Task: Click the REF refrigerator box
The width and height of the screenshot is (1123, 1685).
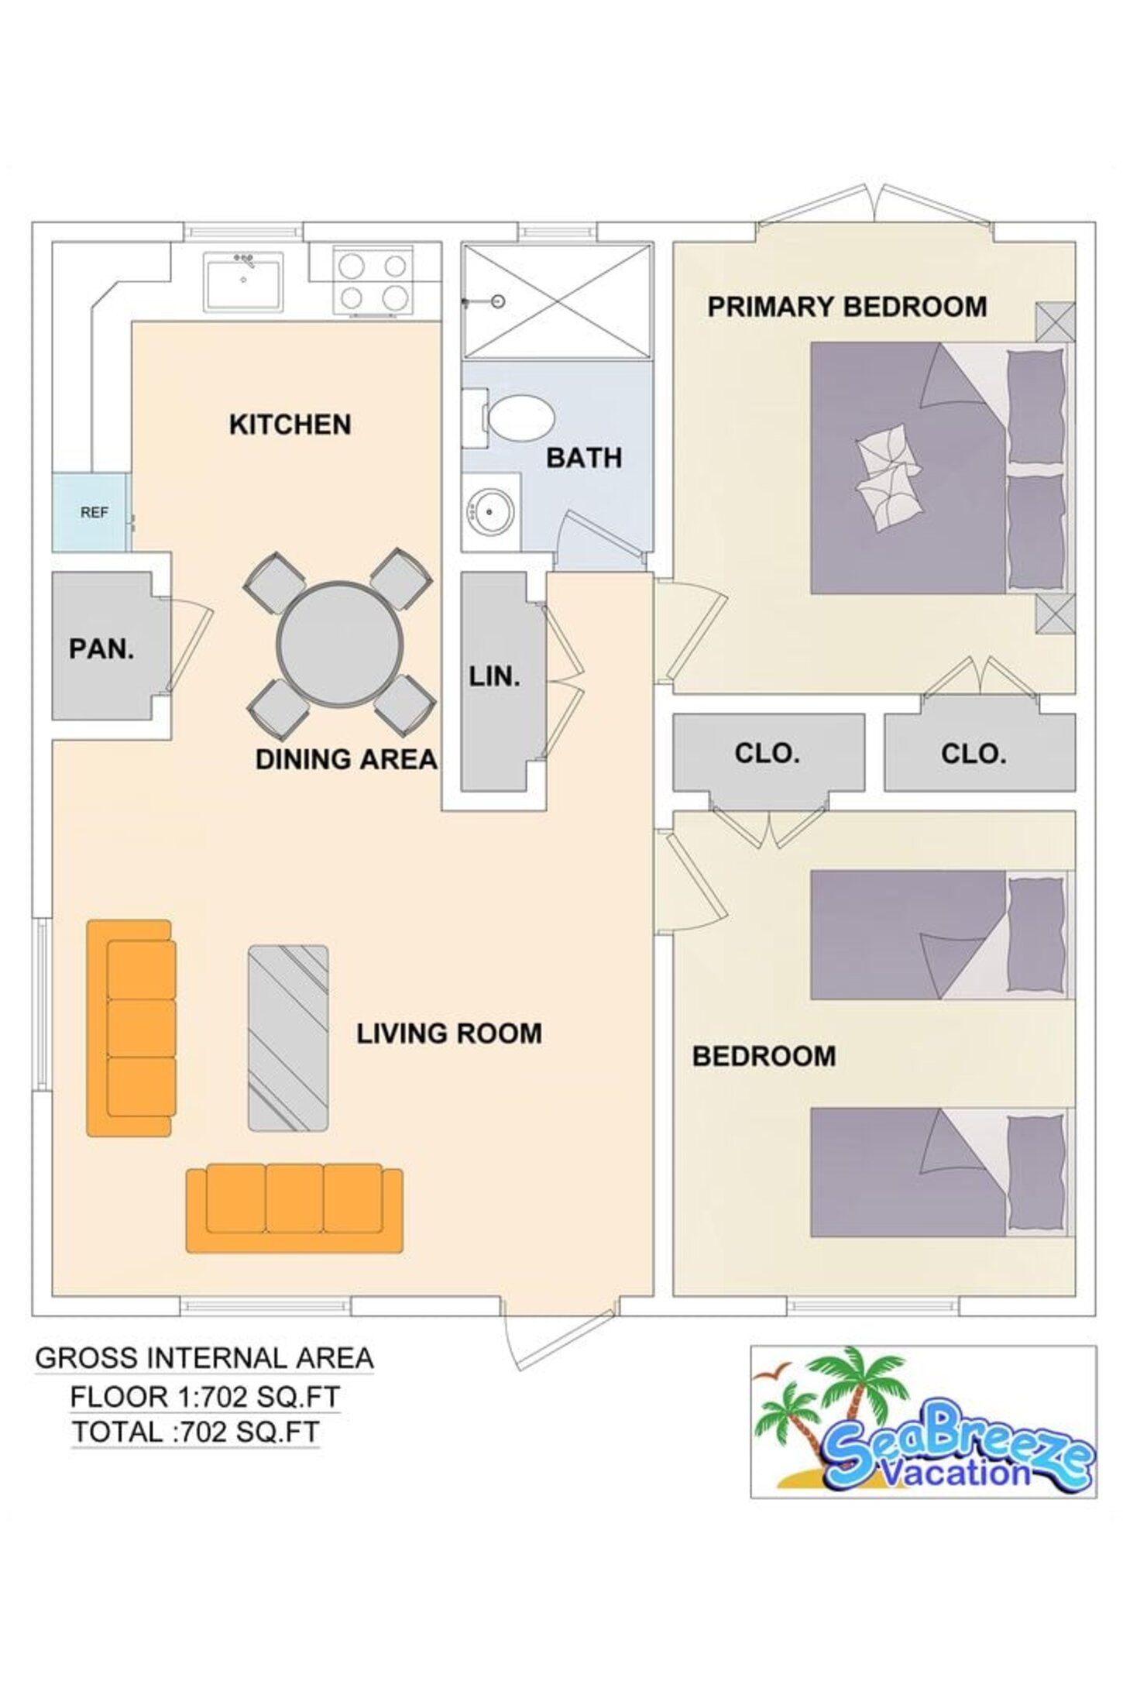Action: [x=91, y=512]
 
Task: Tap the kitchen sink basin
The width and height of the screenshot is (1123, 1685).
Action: [x=244, y=282]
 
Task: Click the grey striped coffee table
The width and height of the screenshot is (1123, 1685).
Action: [x=288, y=1038]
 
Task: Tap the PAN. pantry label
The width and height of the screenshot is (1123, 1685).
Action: [x=101, y=648]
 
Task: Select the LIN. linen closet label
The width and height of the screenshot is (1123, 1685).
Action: [x=494, y=676]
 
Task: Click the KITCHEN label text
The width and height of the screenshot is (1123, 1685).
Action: [x=290, y=425]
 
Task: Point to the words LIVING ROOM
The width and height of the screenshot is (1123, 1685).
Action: [x=449, y=1033]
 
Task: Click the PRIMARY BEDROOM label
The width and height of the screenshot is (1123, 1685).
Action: [x=847, y=307]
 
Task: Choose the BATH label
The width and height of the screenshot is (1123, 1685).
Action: [x=584, y=458]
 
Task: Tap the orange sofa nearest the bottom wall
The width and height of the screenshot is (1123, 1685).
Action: [x=294, y=1207]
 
